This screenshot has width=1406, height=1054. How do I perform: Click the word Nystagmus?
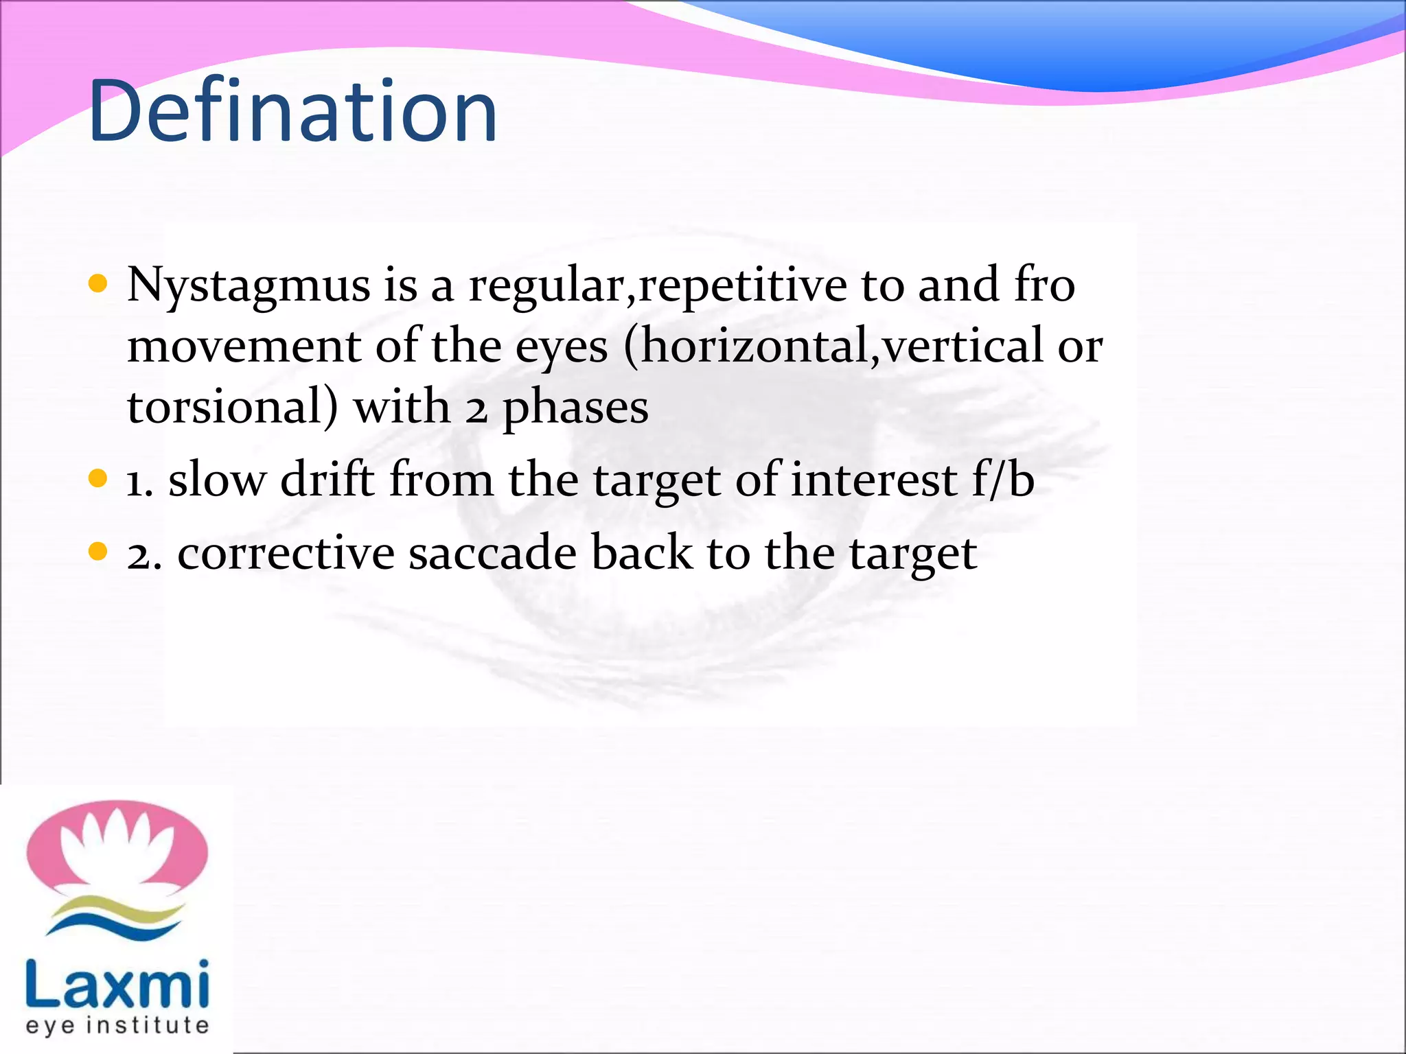pos(249,286)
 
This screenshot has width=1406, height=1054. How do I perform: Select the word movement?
pos(244,347)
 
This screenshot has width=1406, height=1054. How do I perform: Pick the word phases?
pos(575,408)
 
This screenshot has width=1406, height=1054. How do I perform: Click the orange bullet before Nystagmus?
pos(98,283)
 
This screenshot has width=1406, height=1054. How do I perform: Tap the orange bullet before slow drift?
pos(98,478)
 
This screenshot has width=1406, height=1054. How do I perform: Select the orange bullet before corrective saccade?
pos(98,551)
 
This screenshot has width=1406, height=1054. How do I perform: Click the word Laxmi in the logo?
pos(117,985)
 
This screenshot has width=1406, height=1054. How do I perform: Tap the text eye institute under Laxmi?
pos(117,1025)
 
